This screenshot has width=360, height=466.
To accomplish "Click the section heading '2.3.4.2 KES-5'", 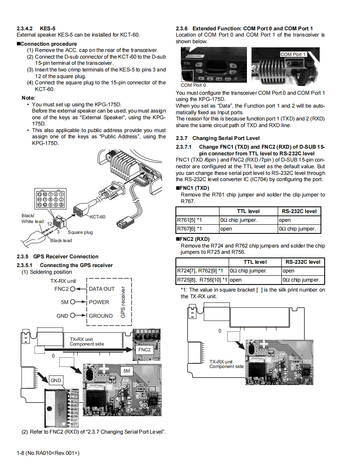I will [x=36, y=28].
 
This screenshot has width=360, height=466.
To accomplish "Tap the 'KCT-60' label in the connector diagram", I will [x=97, y=217].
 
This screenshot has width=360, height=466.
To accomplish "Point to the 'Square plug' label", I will [x=80, y=232].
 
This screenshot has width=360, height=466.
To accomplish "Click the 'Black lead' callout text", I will [x=61, y=240].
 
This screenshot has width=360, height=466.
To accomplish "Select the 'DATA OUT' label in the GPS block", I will [x=102, y=289].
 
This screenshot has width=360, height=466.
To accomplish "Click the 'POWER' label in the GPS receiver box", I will [x=99, y=302].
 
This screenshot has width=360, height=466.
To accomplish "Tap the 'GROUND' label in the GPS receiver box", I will [x=101, y=316].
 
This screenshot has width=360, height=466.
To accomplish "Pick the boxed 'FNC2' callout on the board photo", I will [x=144, y=350].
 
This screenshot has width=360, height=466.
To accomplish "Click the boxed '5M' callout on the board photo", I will [x=127, y=370].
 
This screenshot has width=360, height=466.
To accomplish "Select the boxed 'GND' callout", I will [x=56, y=380].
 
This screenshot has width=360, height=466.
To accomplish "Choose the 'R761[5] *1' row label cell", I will [x=190, y=220].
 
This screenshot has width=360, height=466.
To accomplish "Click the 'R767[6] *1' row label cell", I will [x=190, y=229].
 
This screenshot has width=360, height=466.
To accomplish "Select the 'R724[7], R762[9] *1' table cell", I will [x=200, y=271].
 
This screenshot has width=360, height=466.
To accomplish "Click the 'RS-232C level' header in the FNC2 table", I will [x=303, y=262].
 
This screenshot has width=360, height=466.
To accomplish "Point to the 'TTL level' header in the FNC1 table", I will [x=248, y=211].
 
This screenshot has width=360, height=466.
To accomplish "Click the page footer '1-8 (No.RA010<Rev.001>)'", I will [x=48, y=452].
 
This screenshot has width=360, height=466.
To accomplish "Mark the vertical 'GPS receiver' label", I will [x=123, y=302].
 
